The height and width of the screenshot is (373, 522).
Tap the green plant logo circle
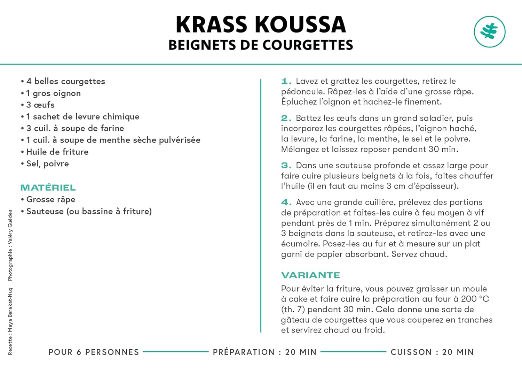489,32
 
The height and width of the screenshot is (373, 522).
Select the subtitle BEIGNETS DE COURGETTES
261,45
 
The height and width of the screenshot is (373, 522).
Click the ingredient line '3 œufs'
40,105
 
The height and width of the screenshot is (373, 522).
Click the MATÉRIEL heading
48,188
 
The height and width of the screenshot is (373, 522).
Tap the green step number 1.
286,81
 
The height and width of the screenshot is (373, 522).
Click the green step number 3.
286,166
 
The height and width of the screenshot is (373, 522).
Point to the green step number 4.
286,202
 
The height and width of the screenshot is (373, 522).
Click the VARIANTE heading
310,275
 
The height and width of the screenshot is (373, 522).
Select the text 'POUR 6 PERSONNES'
94,352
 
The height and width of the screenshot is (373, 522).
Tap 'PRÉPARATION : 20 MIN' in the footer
264,352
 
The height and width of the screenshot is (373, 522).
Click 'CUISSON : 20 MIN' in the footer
432,352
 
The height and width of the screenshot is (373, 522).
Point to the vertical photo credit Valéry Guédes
10,245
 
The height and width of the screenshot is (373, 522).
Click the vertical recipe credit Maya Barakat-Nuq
10,321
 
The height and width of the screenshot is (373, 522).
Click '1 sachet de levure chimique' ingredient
82,117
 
